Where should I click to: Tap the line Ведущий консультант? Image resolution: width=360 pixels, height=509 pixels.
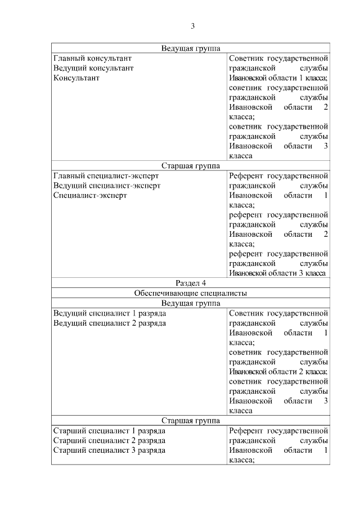tap(93, 68)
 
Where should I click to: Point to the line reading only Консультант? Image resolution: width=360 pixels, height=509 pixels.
tap(76, 78)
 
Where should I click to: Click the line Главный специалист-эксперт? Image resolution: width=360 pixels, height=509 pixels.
tap(106, 175)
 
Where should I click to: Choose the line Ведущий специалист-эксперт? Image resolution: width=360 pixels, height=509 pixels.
tap(107, 185)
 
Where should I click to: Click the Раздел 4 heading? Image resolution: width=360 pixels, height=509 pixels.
tap(191, 283)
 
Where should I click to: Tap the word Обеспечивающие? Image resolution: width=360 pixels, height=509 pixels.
tap(163, 293)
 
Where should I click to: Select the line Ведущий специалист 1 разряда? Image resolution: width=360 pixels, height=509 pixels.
tap(109, 313)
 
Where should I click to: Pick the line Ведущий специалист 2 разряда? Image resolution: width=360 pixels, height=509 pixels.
tap(109, 323)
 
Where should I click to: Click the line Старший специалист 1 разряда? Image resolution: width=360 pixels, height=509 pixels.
tap(109, 430)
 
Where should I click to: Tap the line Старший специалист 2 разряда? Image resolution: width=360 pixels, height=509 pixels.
tap(109, 440)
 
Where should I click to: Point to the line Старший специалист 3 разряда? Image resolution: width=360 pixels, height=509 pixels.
tap(109, 450)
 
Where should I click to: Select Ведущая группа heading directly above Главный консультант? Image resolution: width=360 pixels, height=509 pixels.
tap(191, 48)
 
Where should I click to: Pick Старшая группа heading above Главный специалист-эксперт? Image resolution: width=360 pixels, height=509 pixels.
tap(191, 166)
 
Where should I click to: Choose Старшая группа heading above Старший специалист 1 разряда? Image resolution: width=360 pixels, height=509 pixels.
tap(191, 421)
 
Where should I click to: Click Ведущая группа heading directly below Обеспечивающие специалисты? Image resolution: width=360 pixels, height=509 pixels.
tap(191, 303)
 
